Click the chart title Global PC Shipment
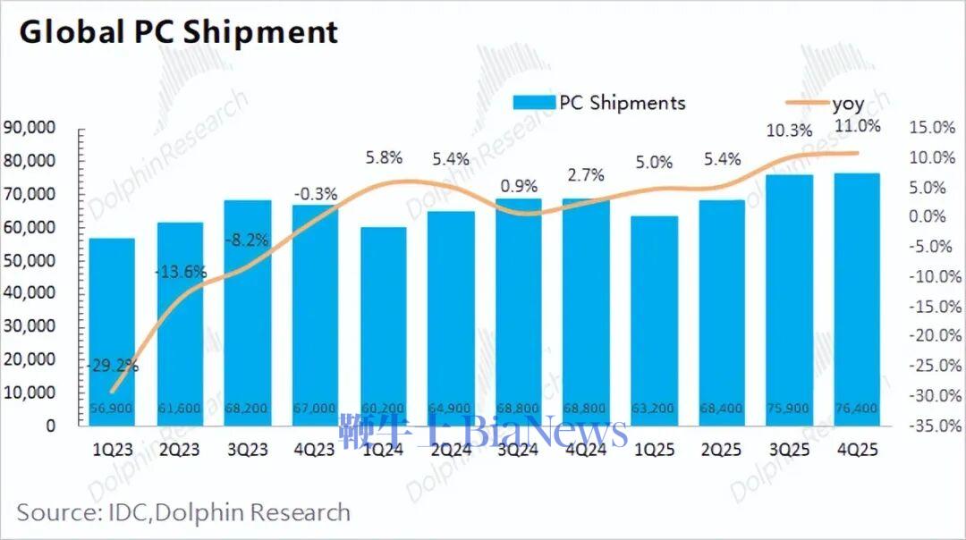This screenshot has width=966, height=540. click(179, 32)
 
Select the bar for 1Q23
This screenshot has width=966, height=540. click(112, 331)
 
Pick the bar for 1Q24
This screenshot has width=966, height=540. click(383, 326)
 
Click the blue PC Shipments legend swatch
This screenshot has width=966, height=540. click(535, 103)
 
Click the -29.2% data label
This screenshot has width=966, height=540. click(113, 365)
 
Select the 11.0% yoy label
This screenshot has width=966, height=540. click(857, 126)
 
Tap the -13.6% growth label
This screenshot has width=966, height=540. click(181, 272)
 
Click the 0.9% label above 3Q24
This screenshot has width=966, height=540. click(519, 187)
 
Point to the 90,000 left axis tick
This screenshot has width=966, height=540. click(30, 128)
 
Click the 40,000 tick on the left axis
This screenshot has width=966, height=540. click(30, 293)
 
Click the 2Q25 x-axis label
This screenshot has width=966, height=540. click(722, 451)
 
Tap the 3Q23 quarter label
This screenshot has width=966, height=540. click(247, 451)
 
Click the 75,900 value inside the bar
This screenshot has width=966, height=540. click(789, 409)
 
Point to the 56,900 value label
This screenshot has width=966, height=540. click(112, 409)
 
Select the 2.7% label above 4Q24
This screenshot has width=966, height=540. click(586, 174)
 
